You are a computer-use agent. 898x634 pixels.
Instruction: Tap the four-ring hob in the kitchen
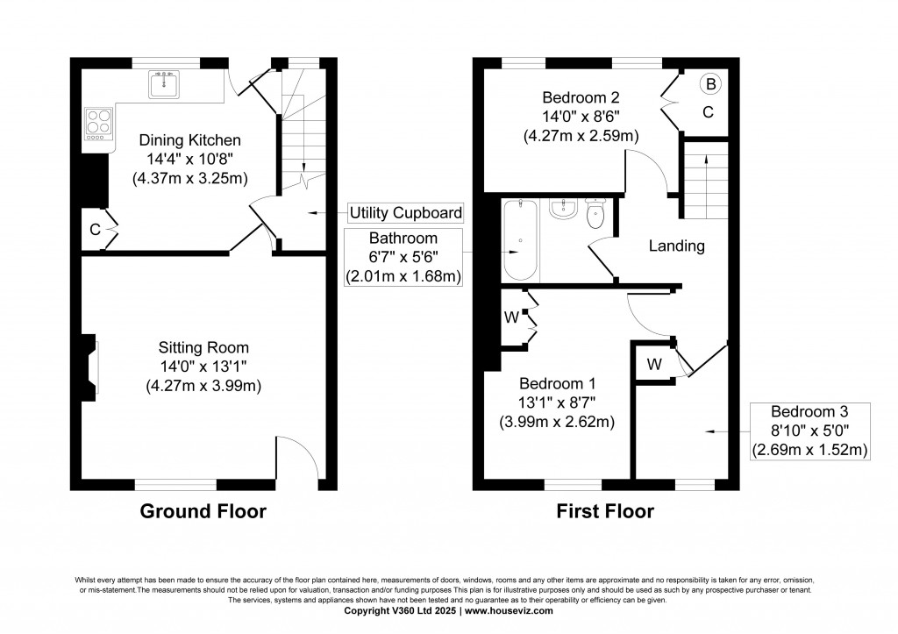click(x=97, y=124)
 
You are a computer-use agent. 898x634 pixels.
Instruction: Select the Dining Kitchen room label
click(x=189, y=140)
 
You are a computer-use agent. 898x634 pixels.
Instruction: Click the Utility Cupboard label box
click(x=405, y=213)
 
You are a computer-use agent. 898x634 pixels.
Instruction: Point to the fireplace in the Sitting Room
click(x=90, y=367)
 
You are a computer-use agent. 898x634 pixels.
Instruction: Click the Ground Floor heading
click(x=203, y=512)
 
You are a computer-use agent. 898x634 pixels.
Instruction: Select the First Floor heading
click(x=605, y=512)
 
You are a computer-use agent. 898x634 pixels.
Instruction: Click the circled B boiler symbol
click(x=710, y=84)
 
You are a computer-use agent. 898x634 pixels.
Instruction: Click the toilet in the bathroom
click(x=596, y=214)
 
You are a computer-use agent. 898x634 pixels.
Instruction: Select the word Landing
click(x=676, y=246)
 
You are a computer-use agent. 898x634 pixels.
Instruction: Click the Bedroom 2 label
click(x=580, y=96)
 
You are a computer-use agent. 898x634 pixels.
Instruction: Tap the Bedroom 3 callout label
click(x=809, y=411)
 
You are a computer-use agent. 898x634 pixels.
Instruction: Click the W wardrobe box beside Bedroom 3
click(x=654, y=363)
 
